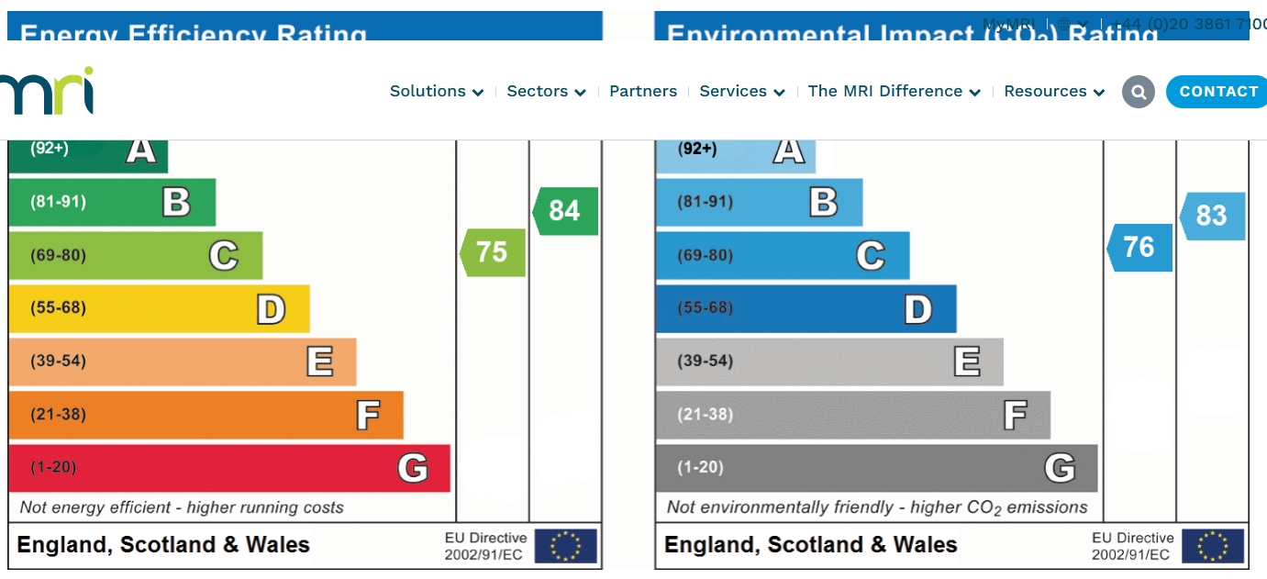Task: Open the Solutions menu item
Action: pyautogui.click(x=436, y=92)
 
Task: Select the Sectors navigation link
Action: pyautogui.click(x=546, y=92)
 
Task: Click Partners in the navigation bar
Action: pyautogui.click(x=643, y=92)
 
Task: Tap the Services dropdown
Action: pyautogui.click(x=741, y=92)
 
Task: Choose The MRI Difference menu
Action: pyautogui.click(x=894, y=92)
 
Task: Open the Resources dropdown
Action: pyautogui.click(x=1053, y=92)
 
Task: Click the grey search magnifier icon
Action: pyautogui.click(x=1139, y=92)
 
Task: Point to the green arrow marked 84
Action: pyautogui.click(x=565, y=211)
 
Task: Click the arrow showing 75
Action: pyautogui.click(x=493, y=252)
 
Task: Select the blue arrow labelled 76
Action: pyautogui.click(x=1139, y=247)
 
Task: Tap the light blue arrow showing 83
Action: pyautogui.click(x=1212, y=216)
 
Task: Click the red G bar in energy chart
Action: pyautogui.click(x=229, y=468)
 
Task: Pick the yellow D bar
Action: pyautogui.click(x=159, y=308)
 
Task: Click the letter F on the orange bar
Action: pyautogui.click(x=368, y=416)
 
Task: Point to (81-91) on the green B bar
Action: pyautogui.click(x=59, y=202)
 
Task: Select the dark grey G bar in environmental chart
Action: pyautogui.click(x=876, y=468)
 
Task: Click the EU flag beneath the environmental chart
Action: pyautogui.click(x=1213, y=546)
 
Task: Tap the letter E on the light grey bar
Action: pyautogui.click(x=967, y=362)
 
